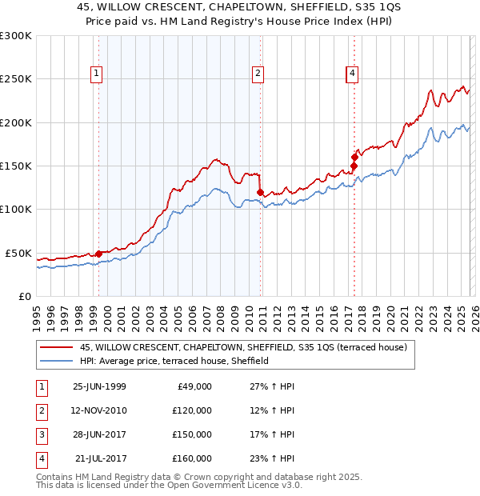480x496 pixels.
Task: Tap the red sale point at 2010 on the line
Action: pos(261,192)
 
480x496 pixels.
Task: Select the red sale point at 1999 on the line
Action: pos(99,254)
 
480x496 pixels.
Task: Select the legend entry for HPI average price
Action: pos(174,361)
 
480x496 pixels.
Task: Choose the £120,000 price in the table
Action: pos(192,410)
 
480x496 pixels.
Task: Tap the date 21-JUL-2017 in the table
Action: pos(100,458)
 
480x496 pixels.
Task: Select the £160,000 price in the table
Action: pos(192,458)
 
